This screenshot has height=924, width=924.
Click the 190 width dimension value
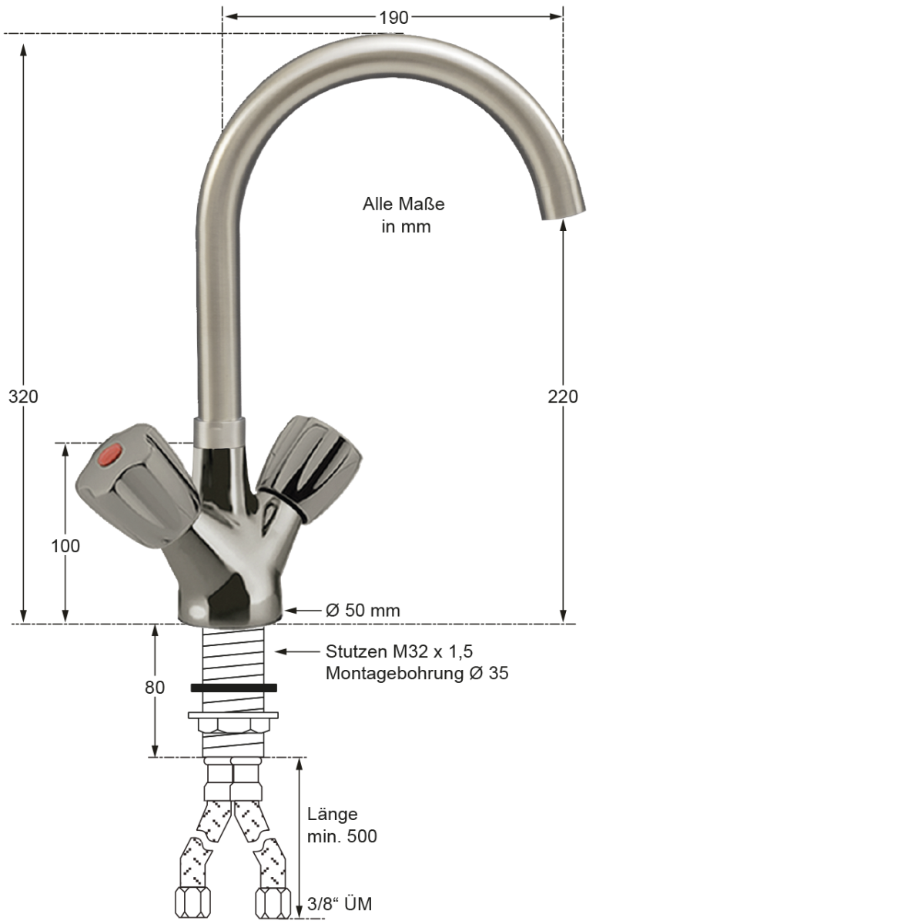click(393, 18)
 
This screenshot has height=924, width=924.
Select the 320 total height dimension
click(23, 397)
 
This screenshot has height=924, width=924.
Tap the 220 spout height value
click(563, 397)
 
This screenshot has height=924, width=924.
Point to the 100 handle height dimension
click(65, 546)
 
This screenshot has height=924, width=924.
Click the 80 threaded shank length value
click(155, 687)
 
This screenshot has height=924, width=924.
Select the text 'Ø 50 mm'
click(363, 611)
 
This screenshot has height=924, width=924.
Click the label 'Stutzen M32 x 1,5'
click(399, 651)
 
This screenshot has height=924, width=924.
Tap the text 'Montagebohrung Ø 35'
click(417, 673)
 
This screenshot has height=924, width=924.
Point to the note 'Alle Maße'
click(403, 204)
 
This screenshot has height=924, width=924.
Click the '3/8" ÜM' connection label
click(340, 904)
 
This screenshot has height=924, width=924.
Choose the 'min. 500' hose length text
click(342, 836)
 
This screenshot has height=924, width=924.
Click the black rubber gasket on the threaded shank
click(233, 687)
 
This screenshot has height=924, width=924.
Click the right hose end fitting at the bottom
click(273, 902)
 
